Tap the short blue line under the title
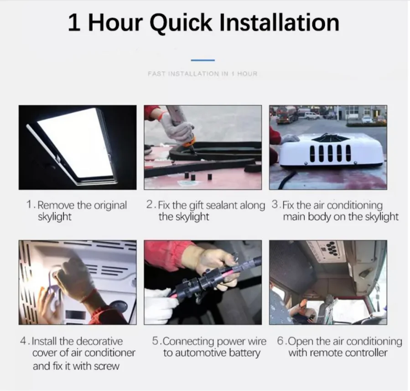[202, 60]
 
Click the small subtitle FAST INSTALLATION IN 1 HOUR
[202, 73]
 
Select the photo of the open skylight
[77, 147]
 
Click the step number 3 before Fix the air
[274, 204]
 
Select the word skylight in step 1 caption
[55, 217]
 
